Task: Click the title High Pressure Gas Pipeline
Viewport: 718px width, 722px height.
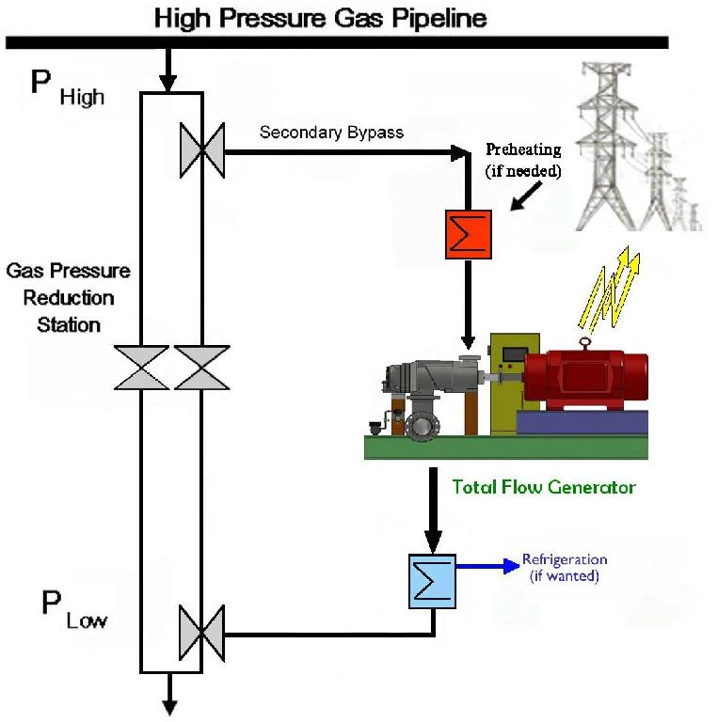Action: (x=321, y=17)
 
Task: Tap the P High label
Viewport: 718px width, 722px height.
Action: (x=67, y=86)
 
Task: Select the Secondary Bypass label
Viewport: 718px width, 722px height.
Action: (x=331, y=133)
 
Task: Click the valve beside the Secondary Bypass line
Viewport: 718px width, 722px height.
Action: (x=202, y=150)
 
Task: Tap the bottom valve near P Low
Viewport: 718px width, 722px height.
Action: (x=202, y=632)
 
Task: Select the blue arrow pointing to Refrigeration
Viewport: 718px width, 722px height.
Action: (x=486, y=566)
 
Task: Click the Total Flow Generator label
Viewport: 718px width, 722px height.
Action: (x=544, y=487)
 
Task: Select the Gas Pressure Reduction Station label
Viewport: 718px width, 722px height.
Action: (x=69, y=298)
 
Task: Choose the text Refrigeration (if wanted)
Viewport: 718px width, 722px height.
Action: (x=565, y=568)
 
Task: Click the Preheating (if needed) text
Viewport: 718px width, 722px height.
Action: (x=523, y=160)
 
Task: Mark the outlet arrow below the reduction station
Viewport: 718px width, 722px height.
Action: (x=171, y=695)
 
